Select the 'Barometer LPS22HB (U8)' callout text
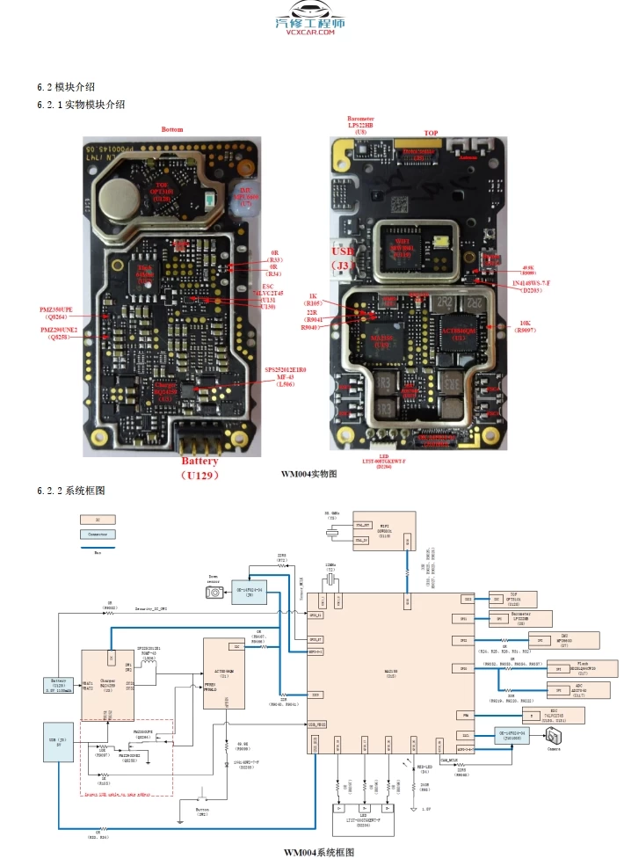[360, 124]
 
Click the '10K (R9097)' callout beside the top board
[525, 326]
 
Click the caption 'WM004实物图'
[309, 474]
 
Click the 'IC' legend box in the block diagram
[98, 520]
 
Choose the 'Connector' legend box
[98, 534]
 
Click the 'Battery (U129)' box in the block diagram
[58, 684]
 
